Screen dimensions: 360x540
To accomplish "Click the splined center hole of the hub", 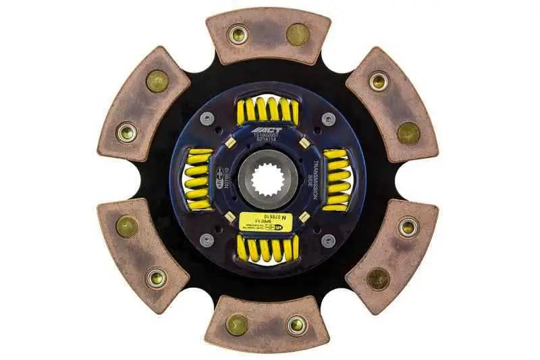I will coord(268,182).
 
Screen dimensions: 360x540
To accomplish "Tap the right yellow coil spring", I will coord(336,179).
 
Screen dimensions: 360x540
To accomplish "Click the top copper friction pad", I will coord(268,34).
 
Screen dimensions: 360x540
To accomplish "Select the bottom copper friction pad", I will coord(268,324).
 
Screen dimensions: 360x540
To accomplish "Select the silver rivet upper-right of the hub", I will coord(328,120).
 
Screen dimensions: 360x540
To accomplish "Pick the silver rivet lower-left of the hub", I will coord(208,240).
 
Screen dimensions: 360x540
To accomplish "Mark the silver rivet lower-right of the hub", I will coord(328,240).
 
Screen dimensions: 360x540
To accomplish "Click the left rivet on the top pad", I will coord(238,34).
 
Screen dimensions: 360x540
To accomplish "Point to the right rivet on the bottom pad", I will coord(296,326).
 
